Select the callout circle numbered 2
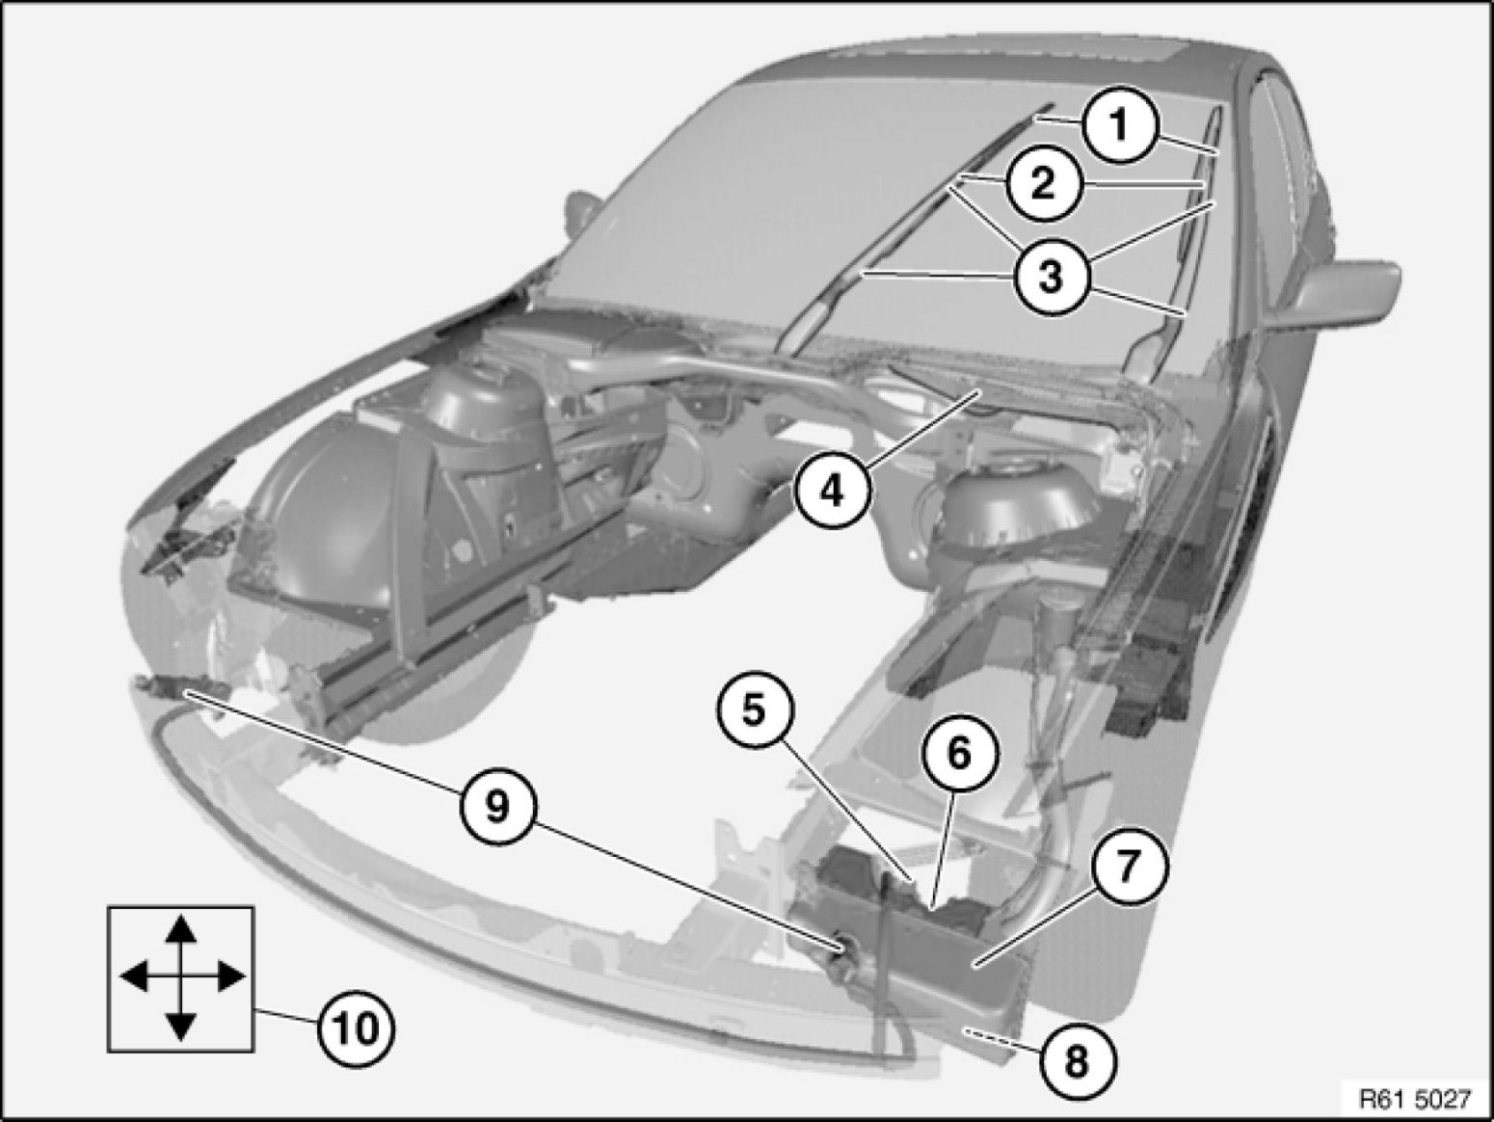click(1044, 184)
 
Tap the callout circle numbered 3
click(1051, 277)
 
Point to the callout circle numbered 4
click(833, 491)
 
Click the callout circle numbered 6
click(960, 753)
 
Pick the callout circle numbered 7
click(1130, 867)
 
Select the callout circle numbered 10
click(357, 1028)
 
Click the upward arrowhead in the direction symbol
click(180, 929)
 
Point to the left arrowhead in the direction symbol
click(133, 976)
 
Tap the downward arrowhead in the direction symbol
click(180, 1026)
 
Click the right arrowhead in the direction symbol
click(230, 976)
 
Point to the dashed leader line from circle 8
click(1001, 1041)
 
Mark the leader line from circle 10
click(286, 1016)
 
